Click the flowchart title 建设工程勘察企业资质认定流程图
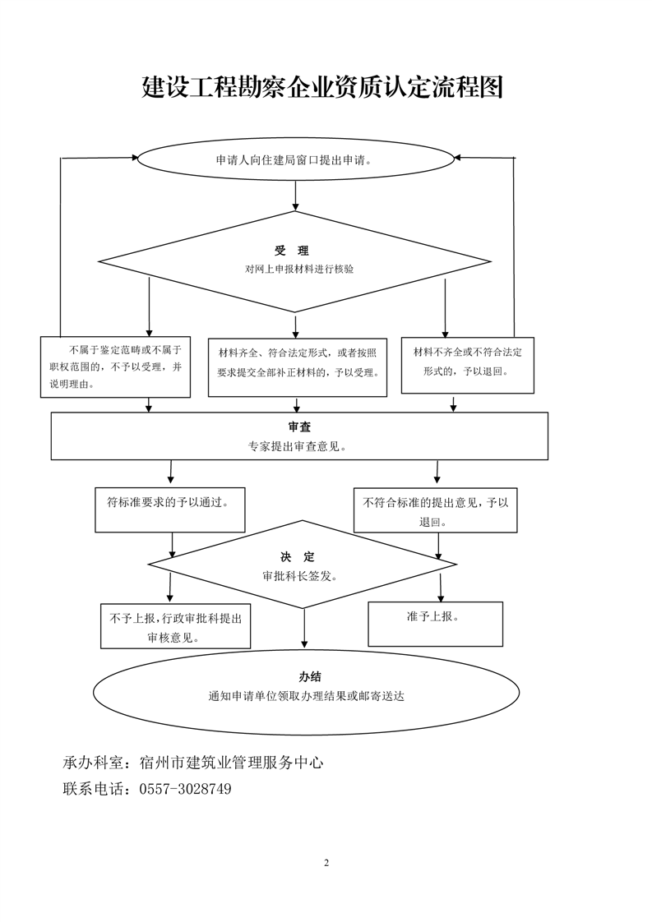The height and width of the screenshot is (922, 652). [x=323, y=88]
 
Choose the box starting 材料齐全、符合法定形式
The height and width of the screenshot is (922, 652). [x=297, y=366]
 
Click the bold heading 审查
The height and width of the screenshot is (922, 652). [x=299, y=427]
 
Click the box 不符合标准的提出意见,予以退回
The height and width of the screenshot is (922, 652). [x=437, y=510]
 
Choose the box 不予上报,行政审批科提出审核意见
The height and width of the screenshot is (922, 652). [x=175, y=627]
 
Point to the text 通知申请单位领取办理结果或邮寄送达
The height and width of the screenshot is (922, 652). [x=307, y=696]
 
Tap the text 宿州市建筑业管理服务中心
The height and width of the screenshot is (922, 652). [x=232, y=763]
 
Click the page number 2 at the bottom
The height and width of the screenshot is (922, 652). [x=326, y=863]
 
